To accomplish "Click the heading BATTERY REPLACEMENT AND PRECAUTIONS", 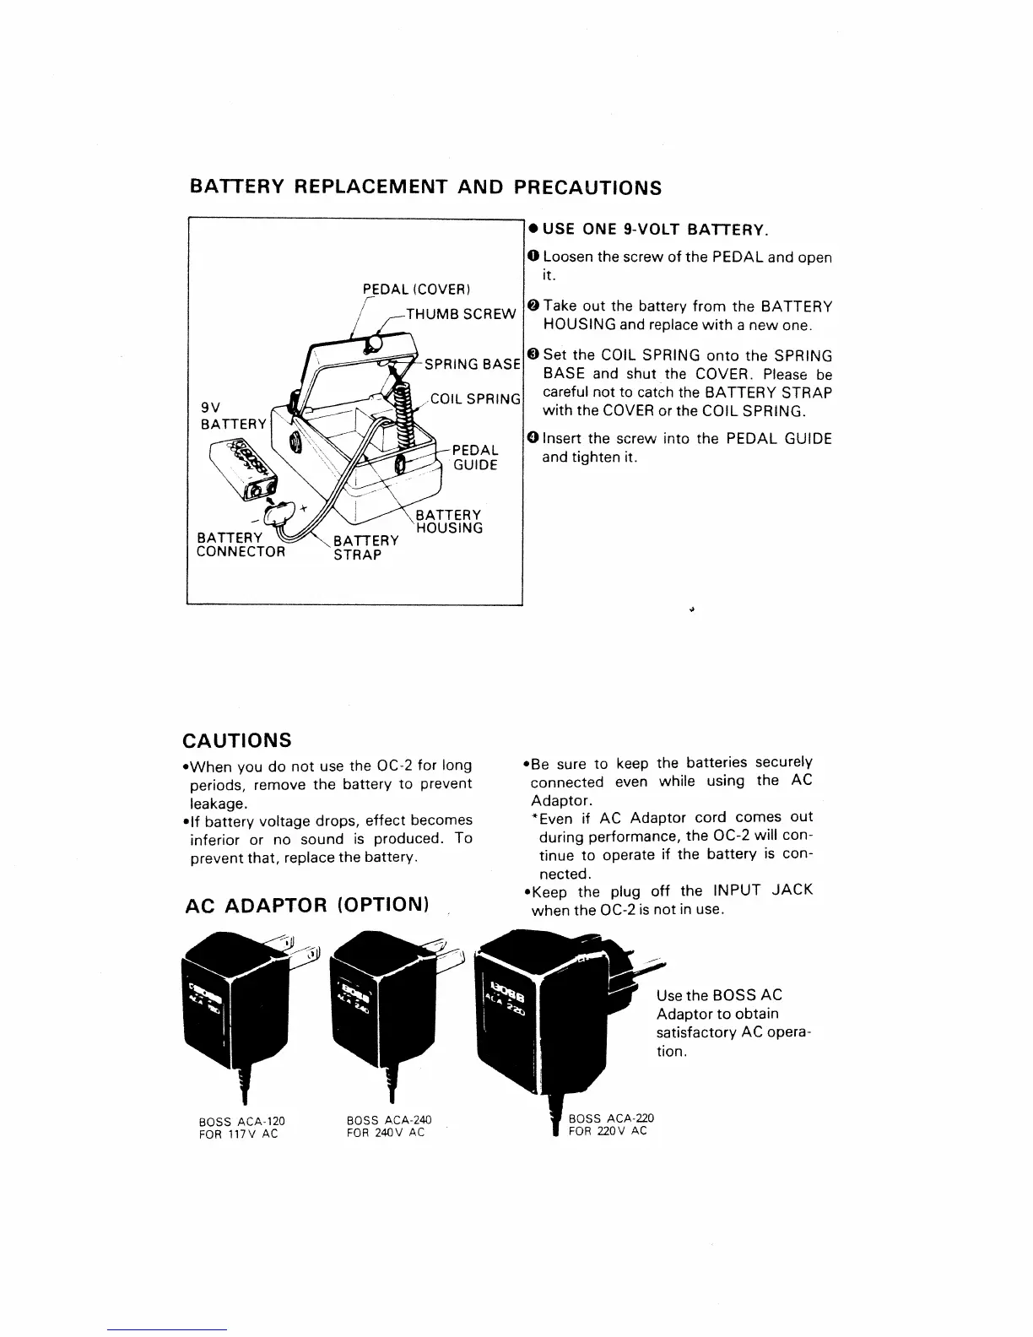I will [425, 187].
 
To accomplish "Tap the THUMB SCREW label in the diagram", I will [460, 314].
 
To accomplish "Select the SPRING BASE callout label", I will [472, 365].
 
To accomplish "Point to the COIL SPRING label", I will [475, 399].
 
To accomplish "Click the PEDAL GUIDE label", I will [475, 457].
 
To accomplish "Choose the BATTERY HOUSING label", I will [449, 522].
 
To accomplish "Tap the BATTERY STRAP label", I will [365, 547].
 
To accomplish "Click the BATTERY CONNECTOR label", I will [241, 545].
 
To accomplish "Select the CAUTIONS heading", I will [237, 740].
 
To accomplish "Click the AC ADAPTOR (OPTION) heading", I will [307, 905].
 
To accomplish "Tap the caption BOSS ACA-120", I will [241, 1121].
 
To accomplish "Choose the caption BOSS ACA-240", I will [389, 1120].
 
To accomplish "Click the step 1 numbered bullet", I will [533, 257].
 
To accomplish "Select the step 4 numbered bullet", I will [533, 438].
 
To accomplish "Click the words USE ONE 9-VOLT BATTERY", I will [655, 230].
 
